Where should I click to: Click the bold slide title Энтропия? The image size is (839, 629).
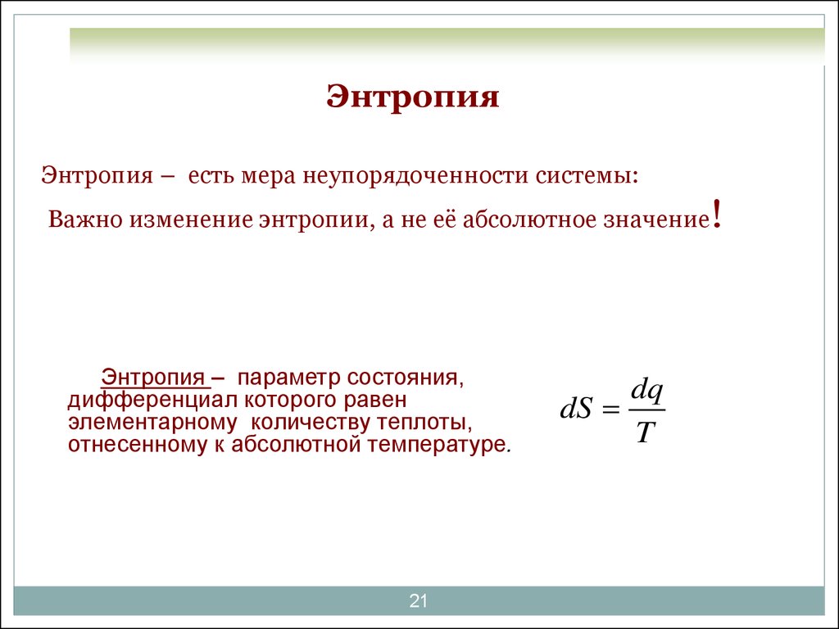pos(413,97)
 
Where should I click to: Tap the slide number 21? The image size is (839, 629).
pos(418,600)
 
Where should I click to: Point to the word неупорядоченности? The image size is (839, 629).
pos(416,177)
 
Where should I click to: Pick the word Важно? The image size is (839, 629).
pos(85,219)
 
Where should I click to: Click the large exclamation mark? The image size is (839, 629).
pos(716,214)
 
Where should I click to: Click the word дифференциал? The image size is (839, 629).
pos(153,400)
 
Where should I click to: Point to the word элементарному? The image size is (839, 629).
pos(152,423)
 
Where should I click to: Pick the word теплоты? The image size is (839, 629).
pos(424,422)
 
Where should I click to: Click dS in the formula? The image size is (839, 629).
pos(577,410)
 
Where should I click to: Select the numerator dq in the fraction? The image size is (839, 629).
pos(647,393)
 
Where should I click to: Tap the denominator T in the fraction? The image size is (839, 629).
pos(646,432)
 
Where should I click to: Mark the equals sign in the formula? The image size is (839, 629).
pos(610,410)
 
